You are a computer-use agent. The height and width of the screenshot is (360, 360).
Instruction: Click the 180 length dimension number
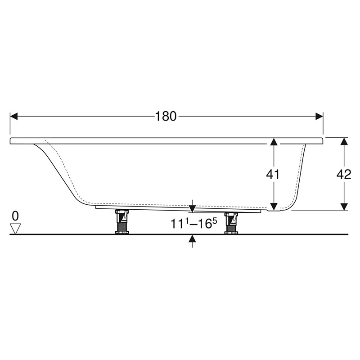tap(166, 116)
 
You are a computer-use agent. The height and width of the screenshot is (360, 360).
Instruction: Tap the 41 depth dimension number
tap(273, 175)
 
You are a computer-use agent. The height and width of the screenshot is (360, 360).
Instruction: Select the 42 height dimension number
tap(344, 175)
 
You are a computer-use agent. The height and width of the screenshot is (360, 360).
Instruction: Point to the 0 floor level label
tap(15, 216)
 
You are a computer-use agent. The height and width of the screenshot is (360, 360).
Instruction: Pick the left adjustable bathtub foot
tap(122, 221)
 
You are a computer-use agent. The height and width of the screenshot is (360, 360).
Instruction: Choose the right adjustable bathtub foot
tap(231, 223)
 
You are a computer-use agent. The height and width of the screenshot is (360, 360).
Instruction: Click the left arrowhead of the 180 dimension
tap(14, 117)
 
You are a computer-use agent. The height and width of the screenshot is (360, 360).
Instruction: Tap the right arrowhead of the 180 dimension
tap(319, 117)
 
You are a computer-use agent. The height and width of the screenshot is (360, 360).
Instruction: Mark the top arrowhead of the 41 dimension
tap(273, 142)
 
